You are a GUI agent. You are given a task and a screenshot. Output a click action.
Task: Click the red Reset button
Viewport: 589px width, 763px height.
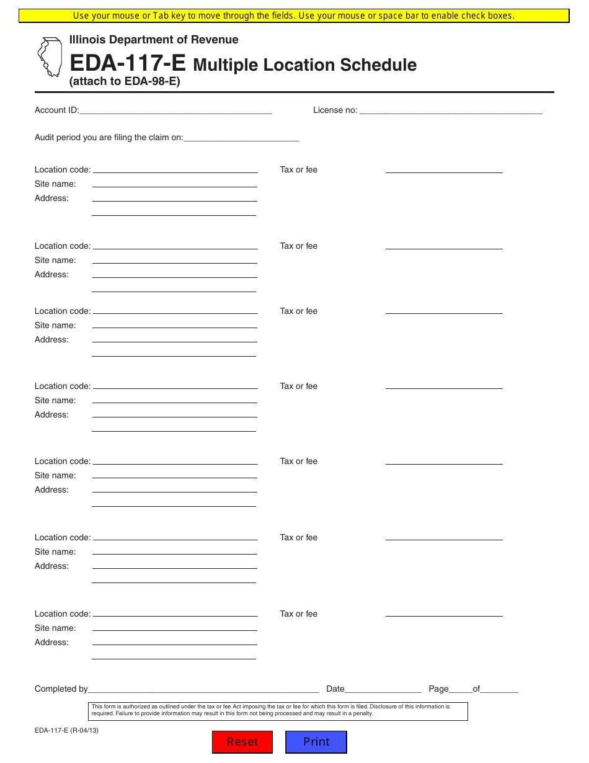(242, 742)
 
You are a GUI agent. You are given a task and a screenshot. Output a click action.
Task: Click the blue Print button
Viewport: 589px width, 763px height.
(316, 742)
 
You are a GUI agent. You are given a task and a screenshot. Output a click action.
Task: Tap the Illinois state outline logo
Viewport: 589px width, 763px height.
(50, 57)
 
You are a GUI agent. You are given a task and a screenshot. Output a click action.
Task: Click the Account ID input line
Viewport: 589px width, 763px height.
(175, 111)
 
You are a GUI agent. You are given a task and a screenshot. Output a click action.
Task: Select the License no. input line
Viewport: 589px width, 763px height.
(451, 111)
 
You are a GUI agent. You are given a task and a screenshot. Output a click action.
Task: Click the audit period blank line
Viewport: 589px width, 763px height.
(241, 138)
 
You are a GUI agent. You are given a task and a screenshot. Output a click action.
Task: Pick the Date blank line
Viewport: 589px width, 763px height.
(383, 689)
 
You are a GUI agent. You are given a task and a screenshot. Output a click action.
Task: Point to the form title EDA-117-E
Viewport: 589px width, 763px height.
(128, 63)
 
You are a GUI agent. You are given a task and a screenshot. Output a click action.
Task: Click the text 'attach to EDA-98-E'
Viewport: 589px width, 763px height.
(125, 81)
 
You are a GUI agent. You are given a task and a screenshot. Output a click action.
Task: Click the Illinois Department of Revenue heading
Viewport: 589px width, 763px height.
(154, 40)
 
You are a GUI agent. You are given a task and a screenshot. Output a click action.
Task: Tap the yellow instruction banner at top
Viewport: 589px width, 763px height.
(294, 16)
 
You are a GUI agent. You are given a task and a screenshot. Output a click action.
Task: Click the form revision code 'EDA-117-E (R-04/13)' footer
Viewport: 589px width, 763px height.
(66, 730)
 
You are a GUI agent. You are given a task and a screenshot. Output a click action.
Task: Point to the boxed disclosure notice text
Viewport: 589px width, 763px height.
(279, 710)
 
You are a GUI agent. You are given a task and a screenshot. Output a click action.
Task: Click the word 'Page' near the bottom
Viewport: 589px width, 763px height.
(438, 689)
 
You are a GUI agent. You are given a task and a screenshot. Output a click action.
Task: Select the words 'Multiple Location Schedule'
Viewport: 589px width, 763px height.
(305, 65)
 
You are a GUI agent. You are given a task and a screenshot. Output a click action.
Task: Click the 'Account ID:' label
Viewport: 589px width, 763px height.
(56, 110)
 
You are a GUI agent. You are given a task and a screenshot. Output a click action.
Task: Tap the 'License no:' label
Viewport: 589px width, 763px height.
(335, 110)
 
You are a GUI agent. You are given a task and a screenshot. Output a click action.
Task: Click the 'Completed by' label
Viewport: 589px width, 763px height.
(61, 689)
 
